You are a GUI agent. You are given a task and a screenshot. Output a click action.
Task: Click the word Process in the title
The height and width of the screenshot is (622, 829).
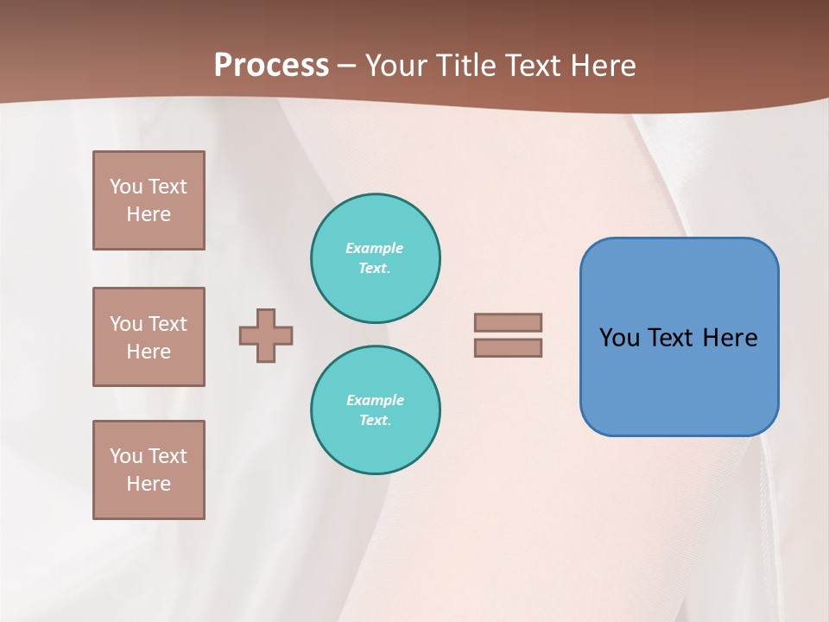point(271,66)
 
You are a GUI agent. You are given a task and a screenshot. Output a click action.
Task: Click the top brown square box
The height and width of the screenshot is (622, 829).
point(149,200)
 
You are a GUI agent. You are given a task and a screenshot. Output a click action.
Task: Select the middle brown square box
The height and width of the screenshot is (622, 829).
point(149,337)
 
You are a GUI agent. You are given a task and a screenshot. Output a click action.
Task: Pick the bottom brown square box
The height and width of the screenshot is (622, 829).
point(149,470)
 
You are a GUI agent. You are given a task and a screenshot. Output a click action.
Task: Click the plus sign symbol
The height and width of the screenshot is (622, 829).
point(266,335)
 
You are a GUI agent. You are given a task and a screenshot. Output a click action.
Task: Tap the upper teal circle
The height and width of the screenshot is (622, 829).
point(376,258)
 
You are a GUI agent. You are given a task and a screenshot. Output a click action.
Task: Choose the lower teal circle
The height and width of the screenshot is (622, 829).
point(376,410)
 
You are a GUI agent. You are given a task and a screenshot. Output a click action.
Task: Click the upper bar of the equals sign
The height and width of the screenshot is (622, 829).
point(509,322)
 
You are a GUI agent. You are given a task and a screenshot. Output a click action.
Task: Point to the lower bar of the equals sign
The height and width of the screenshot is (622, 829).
point(509,347)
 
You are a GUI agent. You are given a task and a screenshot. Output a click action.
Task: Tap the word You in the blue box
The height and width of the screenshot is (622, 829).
point(619,338)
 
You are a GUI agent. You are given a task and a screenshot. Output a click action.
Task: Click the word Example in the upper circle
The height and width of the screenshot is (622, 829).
point(375,249)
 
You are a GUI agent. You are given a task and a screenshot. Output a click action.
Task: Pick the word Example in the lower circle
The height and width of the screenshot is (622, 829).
point(375,401)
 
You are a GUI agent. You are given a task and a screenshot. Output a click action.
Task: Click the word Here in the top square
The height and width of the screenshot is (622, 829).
point(149,214)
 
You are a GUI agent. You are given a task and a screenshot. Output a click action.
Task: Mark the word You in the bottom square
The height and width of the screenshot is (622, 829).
point(126,456)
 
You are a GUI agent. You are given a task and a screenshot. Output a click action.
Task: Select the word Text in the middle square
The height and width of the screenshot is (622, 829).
point(168,324)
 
